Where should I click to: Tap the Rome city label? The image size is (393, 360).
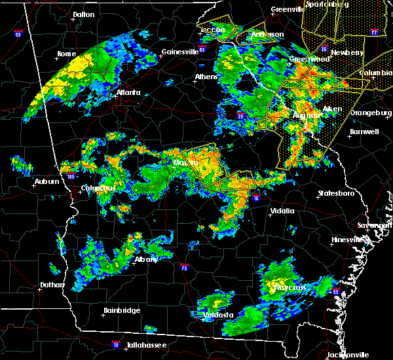[x=67, y=54]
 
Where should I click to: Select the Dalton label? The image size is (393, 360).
[x=83, y=14]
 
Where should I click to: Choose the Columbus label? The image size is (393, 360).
[x=98, y=189]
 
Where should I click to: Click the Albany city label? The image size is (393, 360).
[x=145, y=259]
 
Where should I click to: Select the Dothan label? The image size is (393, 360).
[x=52, y=285]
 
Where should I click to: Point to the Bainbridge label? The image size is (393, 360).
[x=122, y=310]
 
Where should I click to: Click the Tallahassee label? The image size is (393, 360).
[x=147, y=345]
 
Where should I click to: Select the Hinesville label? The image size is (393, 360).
[x=348, y=240]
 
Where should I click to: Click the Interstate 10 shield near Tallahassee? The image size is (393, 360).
[x=116, y=343]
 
